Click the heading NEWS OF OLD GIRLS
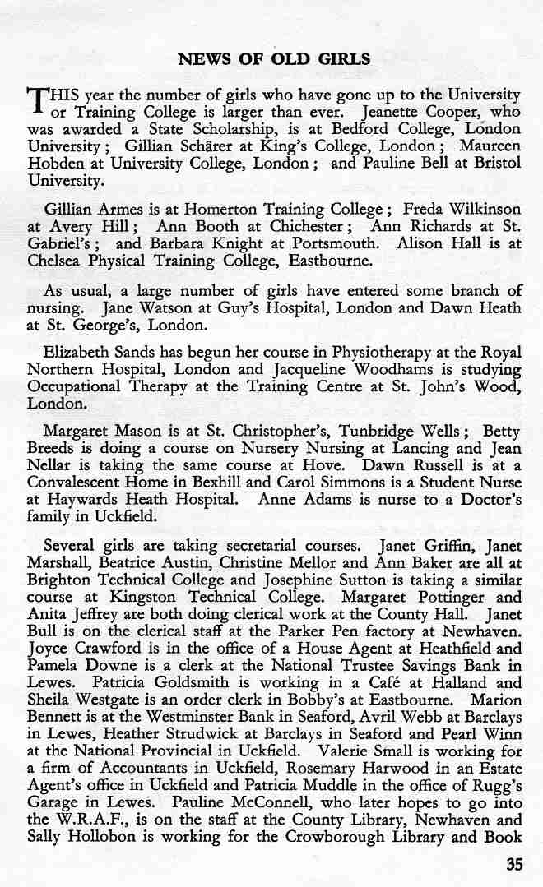coord(274,59)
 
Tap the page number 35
coord(514,864)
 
